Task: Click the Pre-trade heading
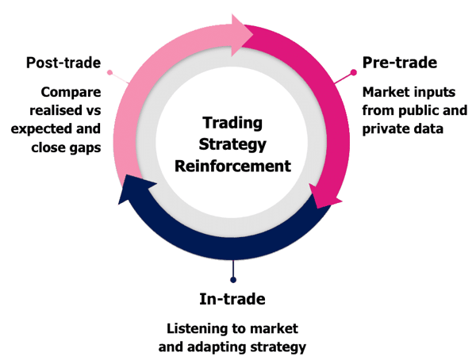(x=401, y=63)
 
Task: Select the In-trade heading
(x=232, y=299)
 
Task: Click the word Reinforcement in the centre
(x=232, y=167)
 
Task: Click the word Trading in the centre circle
(x=232, y=124)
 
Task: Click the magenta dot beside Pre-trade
(x=354, y=72)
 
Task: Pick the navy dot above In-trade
(x=232, y=278)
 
